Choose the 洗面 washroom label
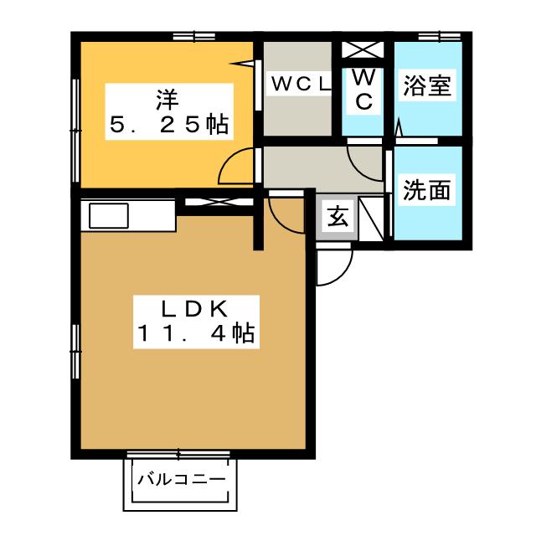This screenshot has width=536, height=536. point(426,190)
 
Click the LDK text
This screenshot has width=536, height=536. point(191,309)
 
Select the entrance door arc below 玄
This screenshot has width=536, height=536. point(335,267)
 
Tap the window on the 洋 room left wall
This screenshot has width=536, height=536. point(76,109)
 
